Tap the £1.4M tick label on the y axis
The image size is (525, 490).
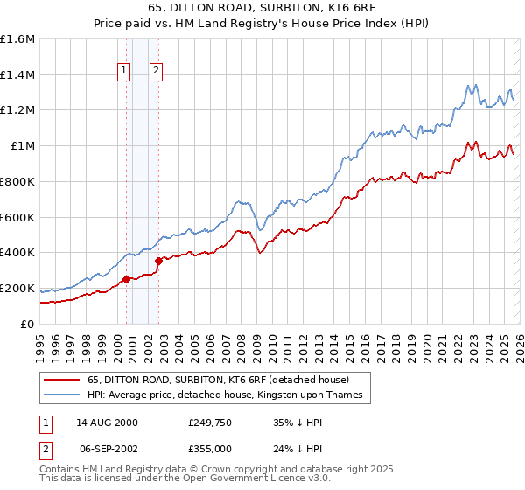click(17, 75)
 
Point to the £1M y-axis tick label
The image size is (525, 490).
click(22, 146)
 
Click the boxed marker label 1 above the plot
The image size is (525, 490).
click(124, 72)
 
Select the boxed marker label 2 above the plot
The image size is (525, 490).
click(157, 72)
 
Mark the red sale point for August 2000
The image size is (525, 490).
click(126, 279)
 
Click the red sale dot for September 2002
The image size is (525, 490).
click(158, 260)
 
